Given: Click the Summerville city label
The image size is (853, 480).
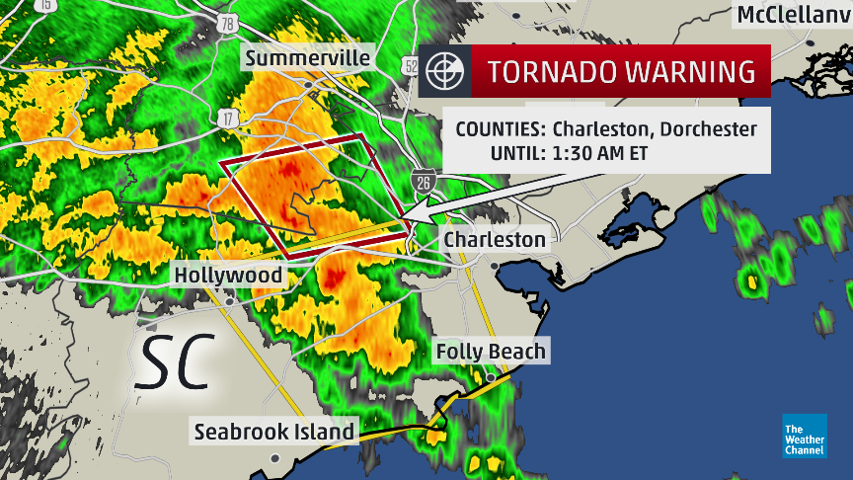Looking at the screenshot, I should click(307, 58).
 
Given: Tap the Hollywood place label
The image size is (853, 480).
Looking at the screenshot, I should click(229, 275).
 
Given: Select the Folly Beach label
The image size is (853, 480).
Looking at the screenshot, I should click(491, 351).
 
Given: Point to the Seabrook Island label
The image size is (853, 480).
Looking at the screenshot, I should click(273, 432).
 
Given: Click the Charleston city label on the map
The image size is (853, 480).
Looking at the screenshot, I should click(494, 239).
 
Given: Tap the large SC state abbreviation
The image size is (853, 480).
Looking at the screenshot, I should click(176, 361).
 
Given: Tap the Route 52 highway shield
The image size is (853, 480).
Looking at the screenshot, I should click(410, 65).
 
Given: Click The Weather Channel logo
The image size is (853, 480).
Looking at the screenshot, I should click(804, 436).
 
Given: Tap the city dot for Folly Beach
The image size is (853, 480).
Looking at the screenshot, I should click(490, 377).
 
